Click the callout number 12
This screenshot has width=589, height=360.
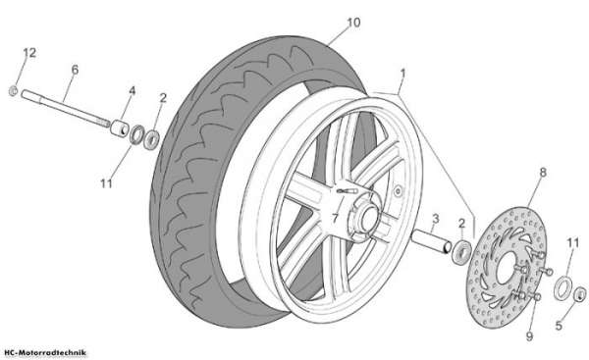[x=29, y=53]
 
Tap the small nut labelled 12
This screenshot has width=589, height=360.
[x=13, y=90]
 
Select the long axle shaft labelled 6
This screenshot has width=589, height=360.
[x=66, y=108]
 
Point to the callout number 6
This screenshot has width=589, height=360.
[x=75, y=70]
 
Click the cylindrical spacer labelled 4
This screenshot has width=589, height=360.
[x=120, y=127]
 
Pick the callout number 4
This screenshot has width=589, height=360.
[x=133, y=91]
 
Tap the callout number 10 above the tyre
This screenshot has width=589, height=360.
[x=353, y=23]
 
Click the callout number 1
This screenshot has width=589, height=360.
[x=403, y=73]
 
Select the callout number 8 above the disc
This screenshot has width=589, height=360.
[x=543, y=173]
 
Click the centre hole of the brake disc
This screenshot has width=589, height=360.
[x=507, y=267]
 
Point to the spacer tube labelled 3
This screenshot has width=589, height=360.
[x=431, y=241]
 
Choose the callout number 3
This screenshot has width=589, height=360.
[x=435, y=218]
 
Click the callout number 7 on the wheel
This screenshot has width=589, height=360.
[x=335, y=218]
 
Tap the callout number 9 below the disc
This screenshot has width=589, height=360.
[x=529, y=336]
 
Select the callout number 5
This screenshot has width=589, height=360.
[x=559, y=326]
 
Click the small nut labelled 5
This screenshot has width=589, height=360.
[x=579, y=293]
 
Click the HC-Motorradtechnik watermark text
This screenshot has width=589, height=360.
[x=45, y=352]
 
